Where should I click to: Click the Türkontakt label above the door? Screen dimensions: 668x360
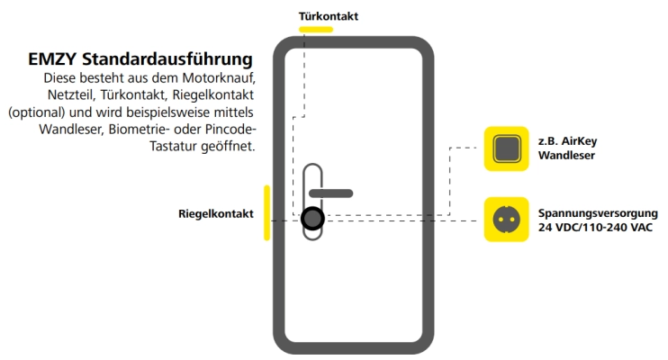coord(328,16)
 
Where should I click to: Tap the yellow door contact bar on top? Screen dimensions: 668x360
coord(316,30)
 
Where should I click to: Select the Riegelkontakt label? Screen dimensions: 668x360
coord(216,214)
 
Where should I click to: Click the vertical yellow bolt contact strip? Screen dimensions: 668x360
coord(266,212)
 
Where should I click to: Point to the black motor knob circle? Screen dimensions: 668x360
coord(312,219)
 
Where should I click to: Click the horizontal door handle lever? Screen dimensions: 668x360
coord(331,193)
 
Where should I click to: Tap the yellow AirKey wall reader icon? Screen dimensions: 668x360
coord(507,148)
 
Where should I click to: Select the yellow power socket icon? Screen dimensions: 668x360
coord(507,220)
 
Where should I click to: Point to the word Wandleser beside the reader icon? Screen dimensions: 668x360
coord(566,155)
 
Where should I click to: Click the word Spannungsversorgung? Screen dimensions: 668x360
coord(598,213)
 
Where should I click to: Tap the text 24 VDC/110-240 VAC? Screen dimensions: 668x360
coord(595,228)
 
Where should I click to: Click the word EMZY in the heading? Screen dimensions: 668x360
coord(52,59)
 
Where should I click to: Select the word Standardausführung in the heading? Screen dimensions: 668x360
coord(167,59)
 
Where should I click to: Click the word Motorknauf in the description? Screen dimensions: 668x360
coord(219,78)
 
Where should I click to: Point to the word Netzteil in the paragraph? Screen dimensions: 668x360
coord(70,95)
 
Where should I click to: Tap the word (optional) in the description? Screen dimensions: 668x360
coord(37,112)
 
